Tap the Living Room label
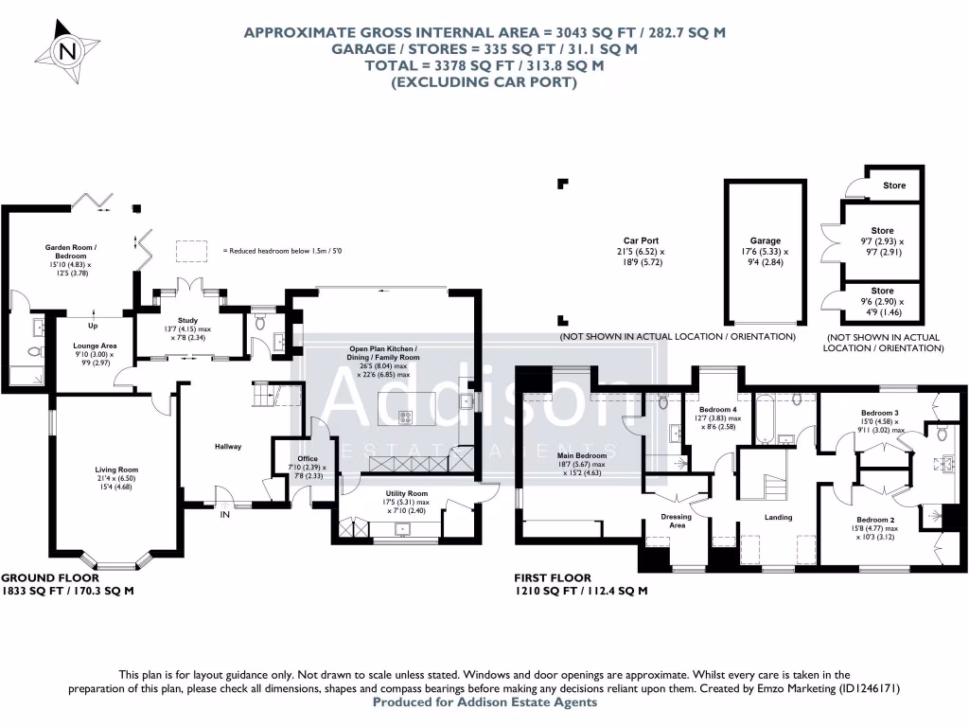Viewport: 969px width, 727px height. [x=116, y=469]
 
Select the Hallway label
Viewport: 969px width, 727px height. [x=228, y=446]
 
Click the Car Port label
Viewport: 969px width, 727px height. [x=642, y=240]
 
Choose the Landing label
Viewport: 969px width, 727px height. [x=778, y=517]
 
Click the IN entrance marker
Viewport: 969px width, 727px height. [x=225, y=517]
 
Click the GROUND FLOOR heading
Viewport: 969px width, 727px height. [x=38, y=577]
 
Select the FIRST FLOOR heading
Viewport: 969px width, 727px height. [x=553, y=577]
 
